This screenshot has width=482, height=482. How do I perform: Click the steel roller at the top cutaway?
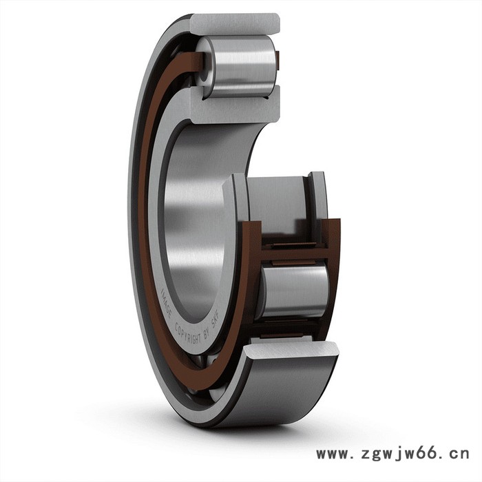click(x=238, y=66)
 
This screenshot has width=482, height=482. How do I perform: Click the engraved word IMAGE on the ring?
click(x=167, y=304)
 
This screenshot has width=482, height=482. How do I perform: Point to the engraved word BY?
click(x=207, y=332)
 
